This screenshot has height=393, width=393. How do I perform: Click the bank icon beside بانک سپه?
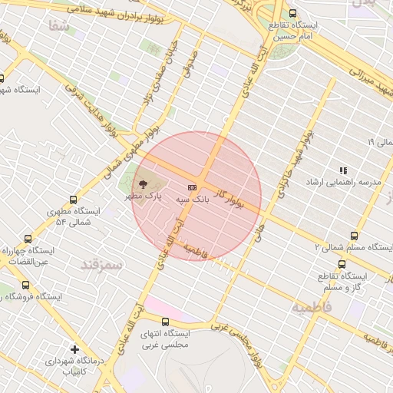pyautogui.click(x=191, y=187)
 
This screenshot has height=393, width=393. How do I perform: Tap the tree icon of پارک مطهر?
pyautogui.click(x=141, y=184)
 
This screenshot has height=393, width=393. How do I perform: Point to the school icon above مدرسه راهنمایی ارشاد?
pyautogui.click(x=343, y=170)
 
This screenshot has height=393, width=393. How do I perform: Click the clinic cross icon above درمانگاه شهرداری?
pyautogui.click(x=74, y=349)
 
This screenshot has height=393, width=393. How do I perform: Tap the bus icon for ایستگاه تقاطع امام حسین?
pyautogui.click(x=292, y=13)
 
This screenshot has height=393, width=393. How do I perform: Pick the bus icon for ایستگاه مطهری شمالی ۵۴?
pyautogui.click(x=73, y=199)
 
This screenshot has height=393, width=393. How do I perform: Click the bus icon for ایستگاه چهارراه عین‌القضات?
pyautogui.click(x=28, y=239)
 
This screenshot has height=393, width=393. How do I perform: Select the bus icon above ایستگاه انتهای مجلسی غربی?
pyautogui.click(x=166, y=321)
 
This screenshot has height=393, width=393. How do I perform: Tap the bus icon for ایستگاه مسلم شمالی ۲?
pyautogui.click(x=353, y=236)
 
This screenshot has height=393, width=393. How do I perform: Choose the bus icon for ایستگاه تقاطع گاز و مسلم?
pyautogui.click(x=320, y=263)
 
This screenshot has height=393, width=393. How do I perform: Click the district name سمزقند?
pyautogui.click(x=101, y=265)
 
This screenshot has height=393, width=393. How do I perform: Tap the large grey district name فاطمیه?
pyautogui.click(x=311, y=307)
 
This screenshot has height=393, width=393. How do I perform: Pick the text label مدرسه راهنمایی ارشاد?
pyautogui.click(x=344, y=183)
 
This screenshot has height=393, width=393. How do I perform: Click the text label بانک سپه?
pyautogui.click(x=193, y=199)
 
